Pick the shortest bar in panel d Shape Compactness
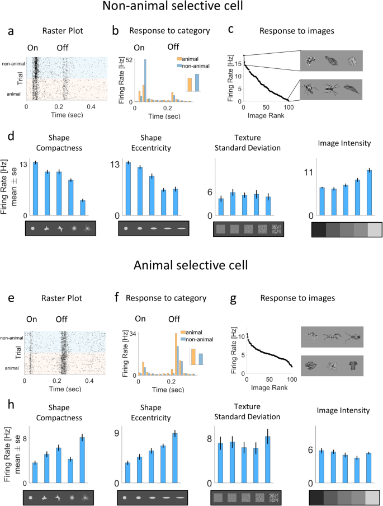coord(83,208)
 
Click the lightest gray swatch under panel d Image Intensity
coord(374,229)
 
